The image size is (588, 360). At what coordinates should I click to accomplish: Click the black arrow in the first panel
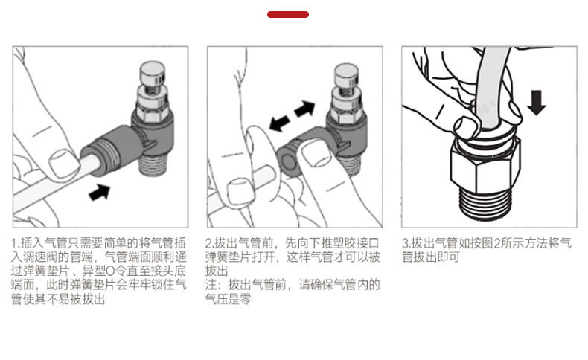tap(98, 191)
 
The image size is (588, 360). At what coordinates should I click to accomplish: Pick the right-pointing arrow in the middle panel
tap(304, 109)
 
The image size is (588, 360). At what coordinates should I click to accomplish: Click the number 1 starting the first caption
tap(15, 243)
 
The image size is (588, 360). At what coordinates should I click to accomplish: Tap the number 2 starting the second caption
tap(209, 243)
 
